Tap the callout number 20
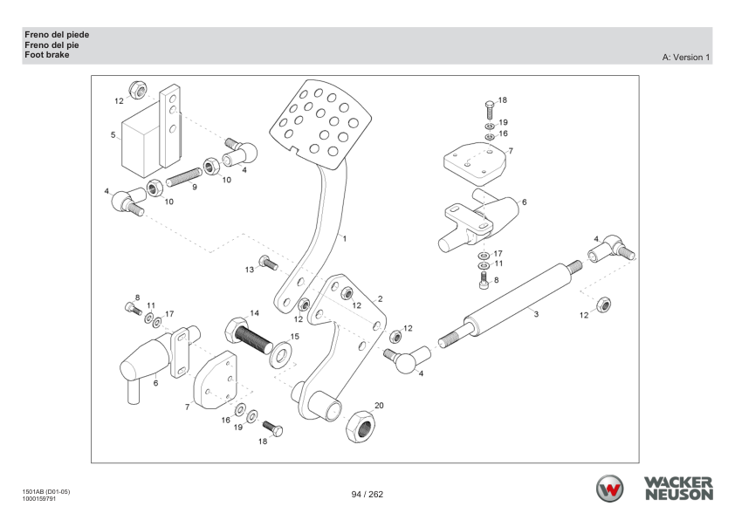click(378, 406)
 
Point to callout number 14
click(254, 312)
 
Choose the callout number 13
click(249, 270)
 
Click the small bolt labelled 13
click(268, 262)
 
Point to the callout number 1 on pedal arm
click(345, 237)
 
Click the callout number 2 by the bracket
click(380, 298)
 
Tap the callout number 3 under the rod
click(535, 313)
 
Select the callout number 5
click(113, 135)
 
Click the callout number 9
click(194, 187)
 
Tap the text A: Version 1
click(687, 58)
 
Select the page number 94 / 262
click(367, 495)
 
